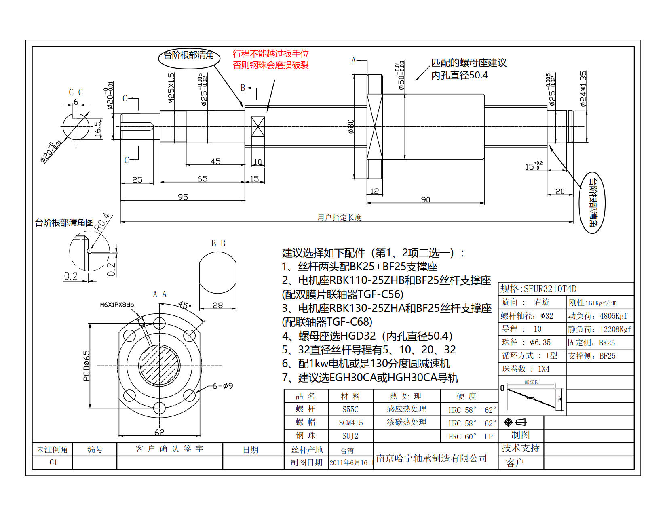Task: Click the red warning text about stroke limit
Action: [270, 59]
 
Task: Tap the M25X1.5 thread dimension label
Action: [171, 88]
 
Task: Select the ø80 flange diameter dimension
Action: [351, 126]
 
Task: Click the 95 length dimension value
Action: [183, 197]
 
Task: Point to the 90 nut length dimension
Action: [425, 200]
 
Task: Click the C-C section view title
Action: [76, 92]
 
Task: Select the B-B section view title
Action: [218, 243]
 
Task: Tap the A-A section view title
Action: [160, 294]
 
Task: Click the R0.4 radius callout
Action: [103, 221]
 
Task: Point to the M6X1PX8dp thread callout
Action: [117, 305]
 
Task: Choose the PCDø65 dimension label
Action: [87, 366]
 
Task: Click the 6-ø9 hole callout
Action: [223, 386]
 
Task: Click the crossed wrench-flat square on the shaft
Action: [258, 126]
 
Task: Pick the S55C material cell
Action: [350, 409]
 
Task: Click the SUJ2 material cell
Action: [350, 436]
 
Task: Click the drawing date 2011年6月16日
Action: [351, 462]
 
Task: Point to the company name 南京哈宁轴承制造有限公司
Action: [432, 458]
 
